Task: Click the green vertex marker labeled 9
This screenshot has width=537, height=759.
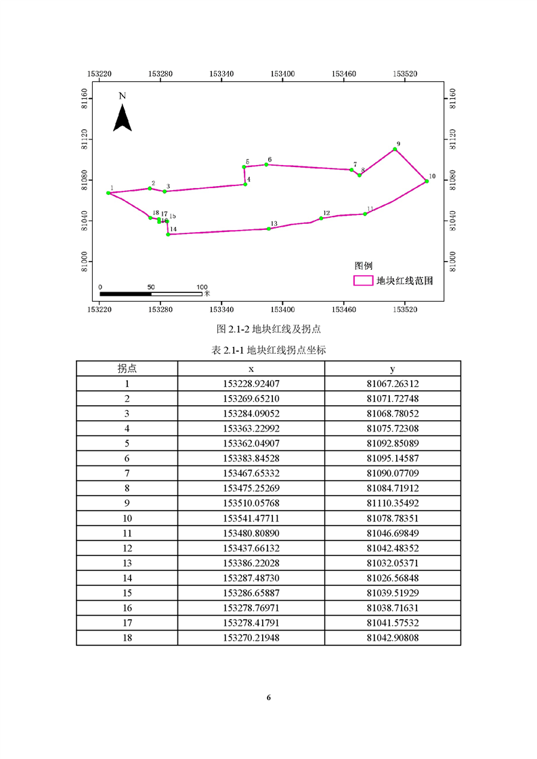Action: coord(394,149)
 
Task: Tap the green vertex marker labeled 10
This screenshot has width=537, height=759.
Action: coord(427,181)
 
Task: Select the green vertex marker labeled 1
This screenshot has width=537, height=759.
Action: coord(108,193)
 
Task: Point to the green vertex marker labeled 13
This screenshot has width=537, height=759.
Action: coord(269,229)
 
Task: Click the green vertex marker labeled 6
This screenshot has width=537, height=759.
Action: coord(266,164)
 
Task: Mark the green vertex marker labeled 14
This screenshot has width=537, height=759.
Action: coord(167,235)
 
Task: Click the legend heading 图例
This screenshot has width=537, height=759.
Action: coord(364,266)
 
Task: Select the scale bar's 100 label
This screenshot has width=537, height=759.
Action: coord(202,287)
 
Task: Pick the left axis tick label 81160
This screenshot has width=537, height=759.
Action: coord(85,99)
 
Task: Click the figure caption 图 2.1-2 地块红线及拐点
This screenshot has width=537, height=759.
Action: coord(268,329)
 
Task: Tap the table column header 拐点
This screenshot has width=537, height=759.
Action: coord(127,369)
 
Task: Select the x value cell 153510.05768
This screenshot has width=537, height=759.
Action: coord(251,503)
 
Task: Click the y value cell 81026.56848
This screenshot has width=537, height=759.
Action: coord(393,578)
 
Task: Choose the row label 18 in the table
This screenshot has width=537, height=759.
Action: coord(127,637)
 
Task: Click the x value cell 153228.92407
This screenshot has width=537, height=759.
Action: coord(251,384)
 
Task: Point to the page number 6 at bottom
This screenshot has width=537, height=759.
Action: coord(269,697)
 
